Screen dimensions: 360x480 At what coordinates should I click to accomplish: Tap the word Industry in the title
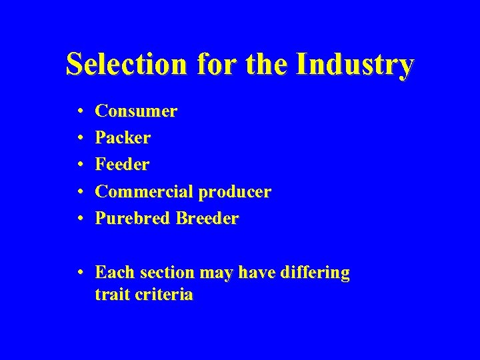tap(355, 65)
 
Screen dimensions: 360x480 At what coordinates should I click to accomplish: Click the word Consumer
tap(136, 111)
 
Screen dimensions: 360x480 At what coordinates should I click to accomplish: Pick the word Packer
tap(123, 138)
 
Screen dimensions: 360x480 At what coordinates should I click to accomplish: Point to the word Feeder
tap(122, 165)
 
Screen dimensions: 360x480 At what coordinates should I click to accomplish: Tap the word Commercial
tap(144, 191)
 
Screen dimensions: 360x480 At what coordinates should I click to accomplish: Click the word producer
tap(235, 193)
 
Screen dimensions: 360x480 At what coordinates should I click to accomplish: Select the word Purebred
tap(133, 219)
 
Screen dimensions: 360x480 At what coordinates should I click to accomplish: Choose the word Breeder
tap(207, 219)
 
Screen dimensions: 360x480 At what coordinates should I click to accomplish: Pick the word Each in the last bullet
tap(114, 273)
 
